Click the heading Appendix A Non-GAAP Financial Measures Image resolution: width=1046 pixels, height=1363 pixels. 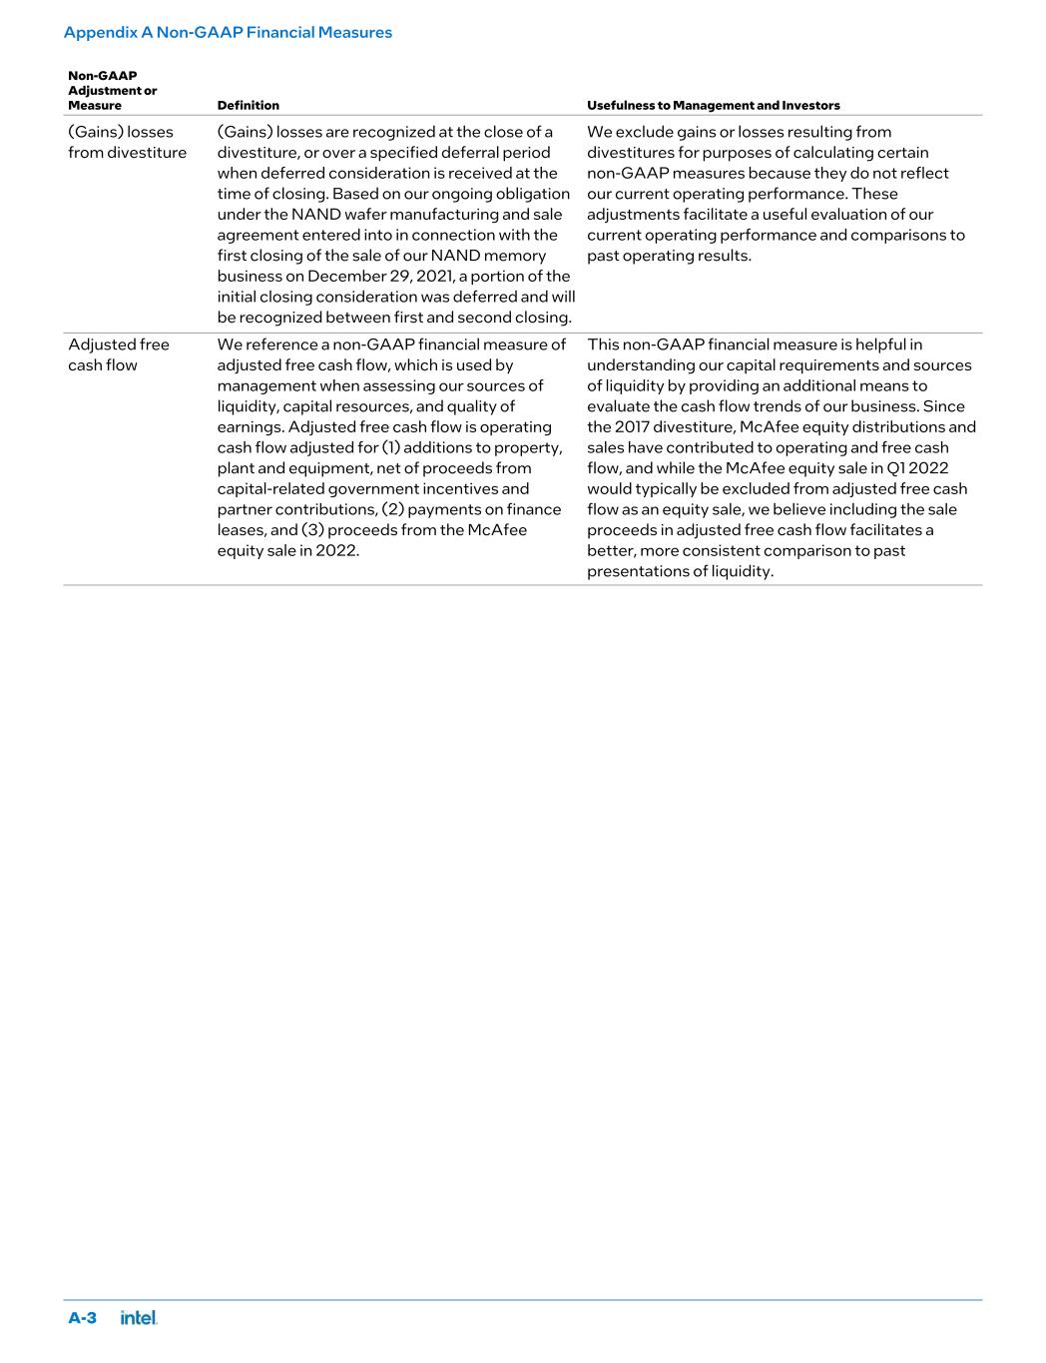(x=228, y=32)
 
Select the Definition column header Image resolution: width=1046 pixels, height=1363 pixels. (x=249, y=105)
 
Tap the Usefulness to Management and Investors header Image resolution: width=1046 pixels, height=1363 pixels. (x=713, y=105)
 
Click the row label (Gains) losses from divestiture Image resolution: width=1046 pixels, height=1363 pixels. (x=127, y=142)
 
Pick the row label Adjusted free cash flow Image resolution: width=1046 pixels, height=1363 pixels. (x=119, y=354)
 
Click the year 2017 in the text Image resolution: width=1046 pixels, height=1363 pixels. (x=631, y=426)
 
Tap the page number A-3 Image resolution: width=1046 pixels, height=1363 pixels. (x=82, y=1317)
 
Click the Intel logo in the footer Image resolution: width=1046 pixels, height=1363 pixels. (x=139, y=1317)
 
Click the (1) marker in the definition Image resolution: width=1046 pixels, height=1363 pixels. (x=392, y=447)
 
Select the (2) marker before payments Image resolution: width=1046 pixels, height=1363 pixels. (x=392, y=509)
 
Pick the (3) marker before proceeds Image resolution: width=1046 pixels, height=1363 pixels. (x=311, y=530)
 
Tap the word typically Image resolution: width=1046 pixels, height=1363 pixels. (x=661, y=488)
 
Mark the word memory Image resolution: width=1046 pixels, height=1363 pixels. (x=516, y=256)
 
